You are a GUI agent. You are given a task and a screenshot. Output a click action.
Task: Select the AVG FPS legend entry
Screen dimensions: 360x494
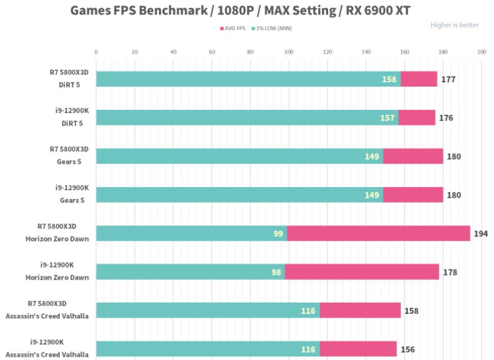tap(232, 28)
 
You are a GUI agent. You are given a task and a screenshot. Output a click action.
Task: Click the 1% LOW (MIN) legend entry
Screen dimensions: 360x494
tap(273, 28)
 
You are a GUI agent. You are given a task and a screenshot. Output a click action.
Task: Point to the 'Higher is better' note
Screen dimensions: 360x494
tap(454, 25)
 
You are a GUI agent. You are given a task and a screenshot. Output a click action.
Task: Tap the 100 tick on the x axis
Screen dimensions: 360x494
tap(288, 52)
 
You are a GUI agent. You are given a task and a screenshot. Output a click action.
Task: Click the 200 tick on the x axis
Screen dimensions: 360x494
tap(481, 52)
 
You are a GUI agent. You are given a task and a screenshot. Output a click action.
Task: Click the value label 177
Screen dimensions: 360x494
tap(448, 79)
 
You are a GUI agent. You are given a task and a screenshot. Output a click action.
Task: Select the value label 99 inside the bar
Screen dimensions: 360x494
tap(278, 234)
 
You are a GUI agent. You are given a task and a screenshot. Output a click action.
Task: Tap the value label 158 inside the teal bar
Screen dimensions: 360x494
tap(390, 79)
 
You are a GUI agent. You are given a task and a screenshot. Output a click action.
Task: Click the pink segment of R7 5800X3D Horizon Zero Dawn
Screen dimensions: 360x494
tap(378, 233)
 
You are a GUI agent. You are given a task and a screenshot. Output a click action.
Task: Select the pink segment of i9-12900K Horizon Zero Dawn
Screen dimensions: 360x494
tap(362, 272)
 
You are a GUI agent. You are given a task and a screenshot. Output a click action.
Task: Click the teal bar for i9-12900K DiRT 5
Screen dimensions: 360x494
tap(246, 117)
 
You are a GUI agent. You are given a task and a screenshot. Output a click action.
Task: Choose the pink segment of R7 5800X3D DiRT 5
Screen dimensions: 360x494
tap(419, 79)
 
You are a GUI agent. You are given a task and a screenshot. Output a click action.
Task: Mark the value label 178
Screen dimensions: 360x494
tap(450, 273)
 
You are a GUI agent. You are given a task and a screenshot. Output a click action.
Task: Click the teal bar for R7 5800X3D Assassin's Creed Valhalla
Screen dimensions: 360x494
tap(207, 310)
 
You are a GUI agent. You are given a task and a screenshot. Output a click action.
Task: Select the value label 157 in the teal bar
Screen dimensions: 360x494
tap(388, 118)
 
